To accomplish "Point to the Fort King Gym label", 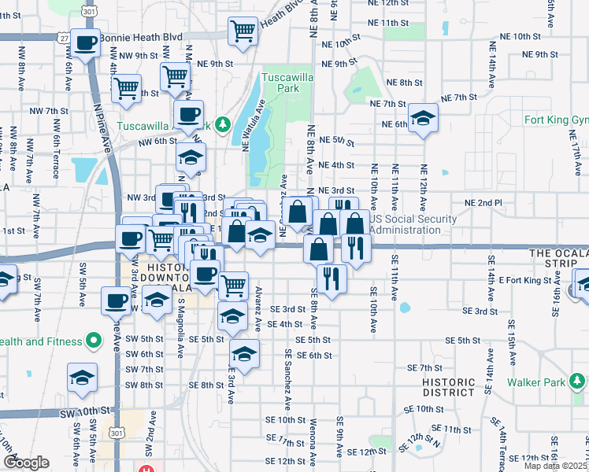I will (556, 120).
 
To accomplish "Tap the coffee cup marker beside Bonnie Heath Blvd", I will (85, 42).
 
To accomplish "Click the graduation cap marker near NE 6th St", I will (423, 118).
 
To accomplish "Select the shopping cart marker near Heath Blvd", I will (243, 31).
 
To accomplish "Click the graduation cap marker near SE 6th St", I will (244, 353).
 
